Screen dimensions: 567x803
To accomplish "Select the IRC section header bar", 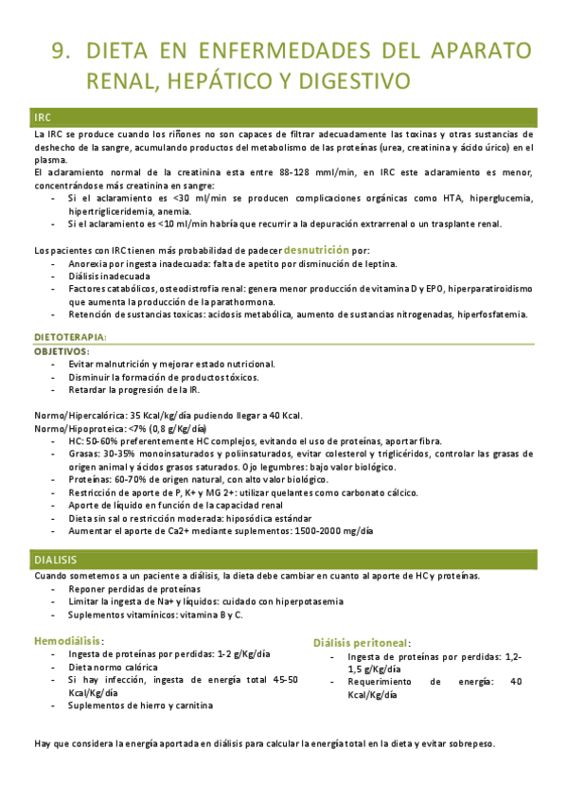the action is coord(284,117).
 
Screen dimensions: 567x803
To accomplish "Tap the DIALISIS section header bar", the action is coord(284,561).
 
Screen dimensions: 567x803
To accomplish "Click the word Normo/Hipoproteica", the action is coord(76,429).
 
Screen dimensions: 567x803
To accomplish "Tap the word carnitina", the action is coord(192,705).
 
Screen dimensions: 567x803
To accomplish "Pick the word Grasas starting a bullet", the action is coord(84,455).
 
